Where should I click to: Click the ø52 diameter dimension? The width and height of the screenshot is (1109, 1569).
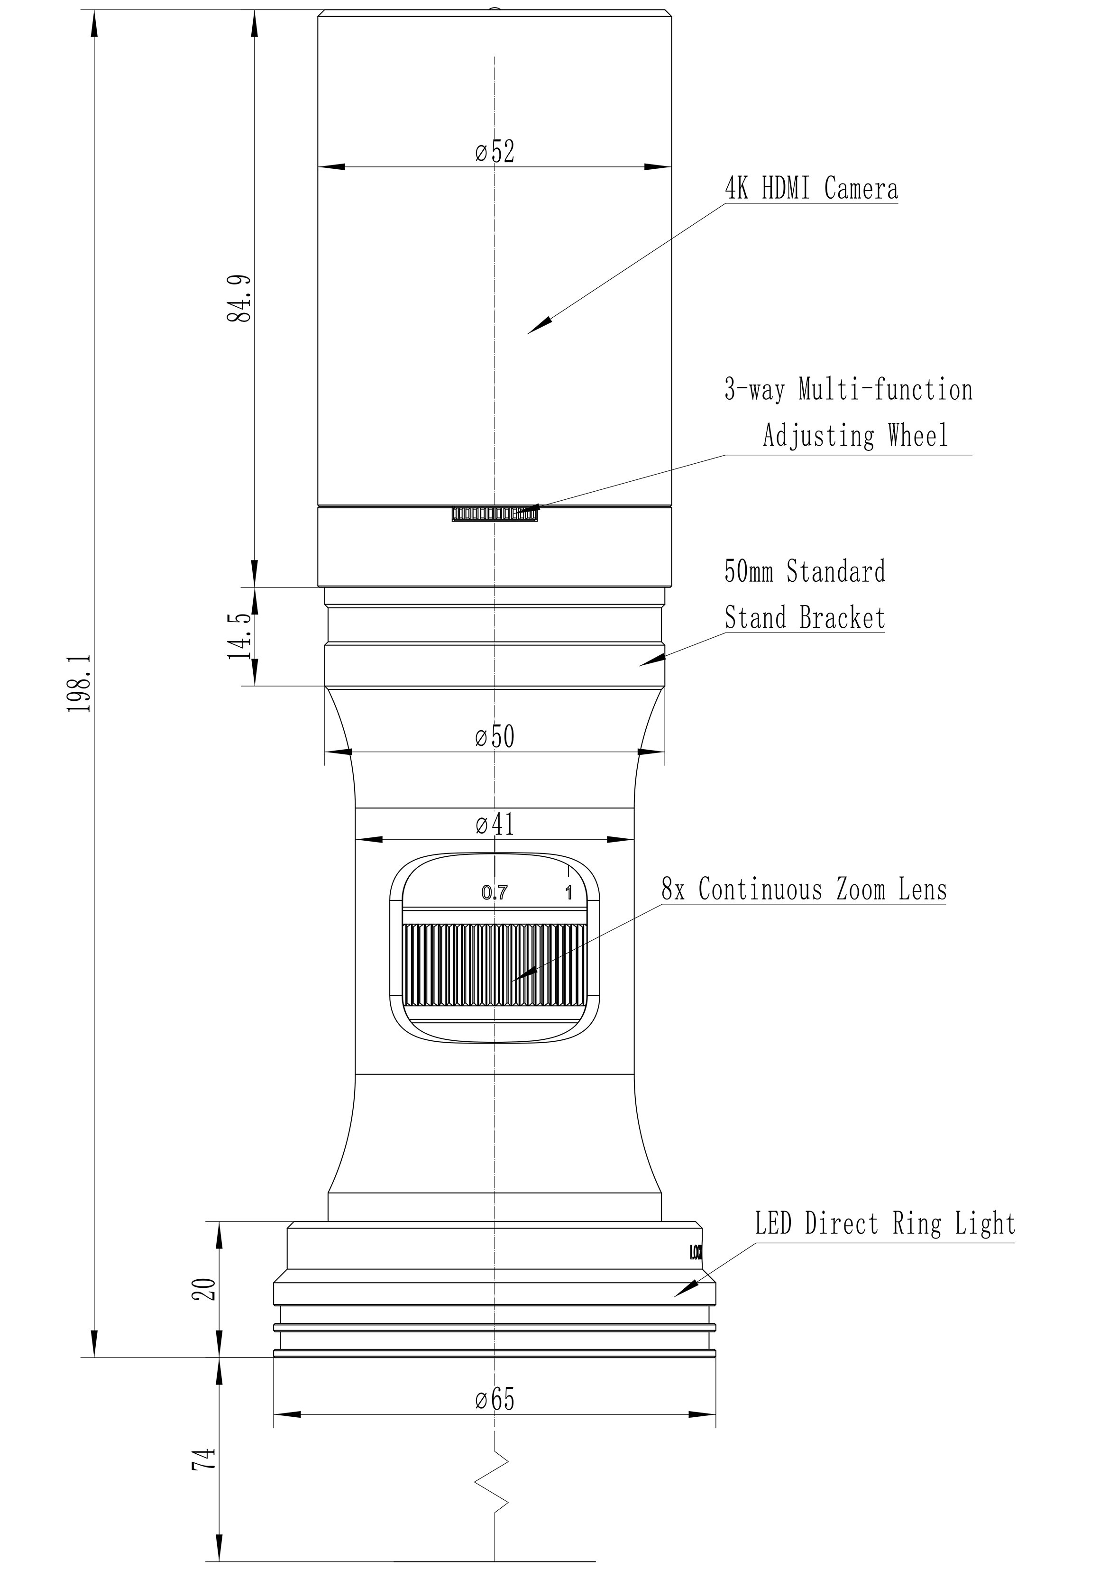tap(495, 152)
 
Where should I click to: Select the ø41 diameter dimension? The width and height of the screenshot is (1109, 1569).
tap(495, 825)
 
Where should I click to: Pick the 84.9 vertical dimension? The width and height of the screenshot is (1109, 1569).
tap(240, 299)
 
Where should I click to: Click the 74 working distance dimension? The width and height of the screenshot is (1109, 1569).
tap(206, 1459)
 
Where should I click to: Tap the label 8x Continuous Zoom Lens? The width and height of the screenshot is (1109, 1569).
tap(804, 890)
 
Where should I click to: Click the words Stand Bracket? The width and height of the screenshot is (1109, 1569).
tap(805, 618)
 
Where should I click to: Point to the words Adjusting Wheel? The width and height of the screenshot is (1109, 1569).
tap(855, 435)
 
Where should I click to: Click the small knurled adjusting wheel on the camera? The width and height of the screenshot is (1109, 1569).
tap(495, 514)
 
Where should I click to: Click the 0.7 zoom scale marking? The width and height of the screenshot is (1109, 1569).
tap(495, 892)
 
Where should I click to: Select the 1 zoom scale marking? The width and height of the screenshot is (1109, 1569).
tap(568, 892)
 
